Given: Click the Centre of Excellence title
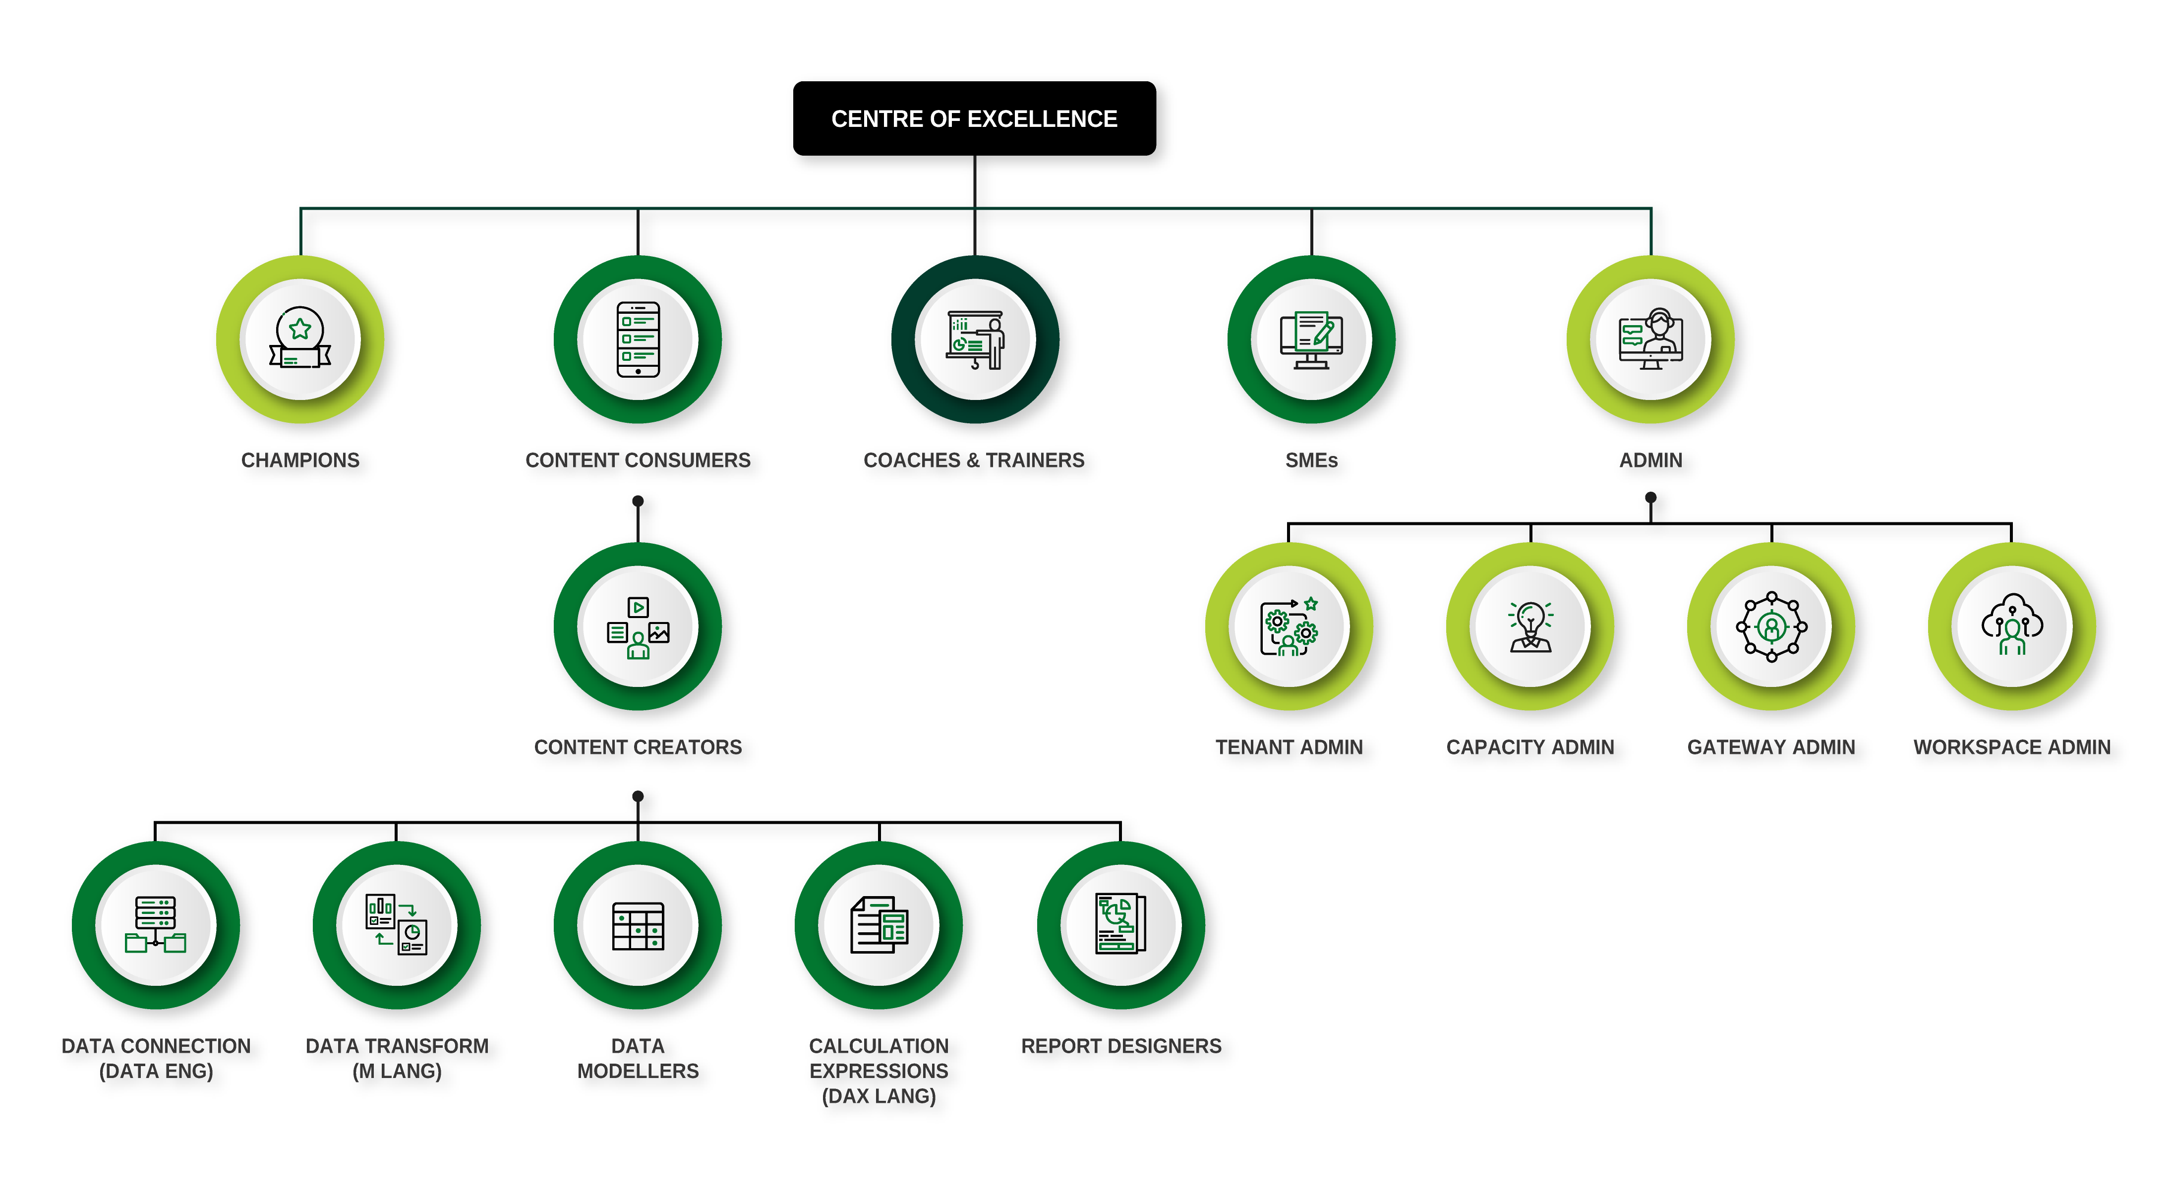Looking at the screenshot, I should (974, 119).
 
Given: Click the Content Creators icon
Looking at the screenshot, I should (638, 627).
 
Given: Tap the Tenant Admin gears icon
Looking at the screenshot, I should (1289, 627).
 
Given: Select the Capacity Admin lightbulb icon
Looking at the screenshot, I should (1530, 627).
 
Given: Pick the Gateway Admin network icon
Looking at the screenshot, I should (1771, 627).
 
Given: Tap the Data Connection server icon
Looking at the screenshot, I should (156, 925).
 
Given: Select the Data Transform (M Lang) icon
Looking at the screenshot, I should (397, 925).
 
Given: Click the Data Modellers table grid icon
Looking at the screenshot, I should (638, 925).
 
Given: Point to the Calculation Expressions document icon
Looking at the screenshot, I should (879, 925).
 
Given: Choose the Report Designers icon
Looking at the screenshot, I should (1121, 925).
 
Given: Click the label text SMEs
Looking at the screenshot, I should (1312, 460).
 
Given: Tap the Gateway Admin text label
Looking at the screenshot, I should (1771, 747).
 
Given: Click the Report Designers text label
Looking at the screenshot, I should (1121, 1046).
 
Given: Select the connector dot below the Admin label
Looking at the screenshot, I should (1651, 498).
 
